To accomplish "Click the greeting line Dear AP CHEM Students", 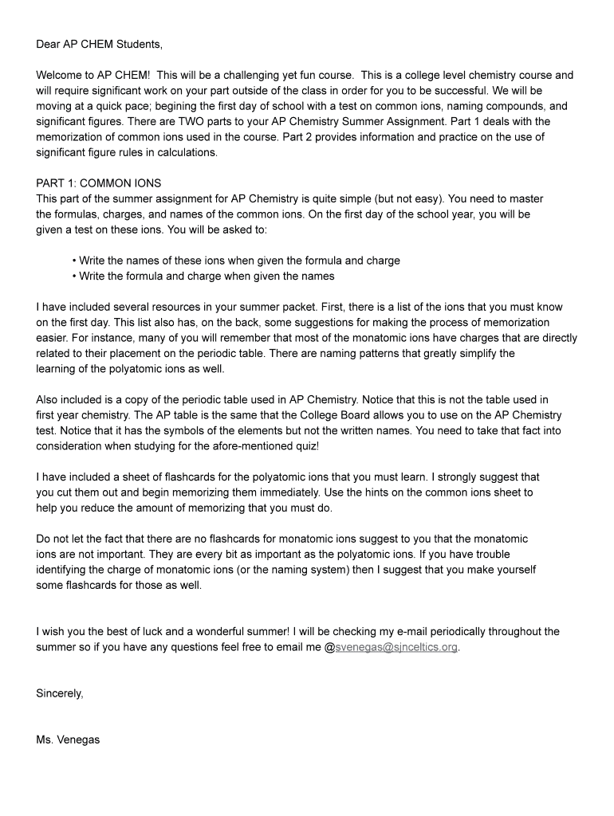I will pyautogui.click(x=99, y=45).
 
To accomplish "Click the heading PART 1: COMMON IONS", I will pyautogui.click(x=99, y=183).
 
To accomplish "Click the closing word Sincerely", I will pyautogui.click(x=60, y=693).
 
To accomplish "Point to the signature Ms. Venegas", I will pyautogui.click(x=68, y=739).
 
